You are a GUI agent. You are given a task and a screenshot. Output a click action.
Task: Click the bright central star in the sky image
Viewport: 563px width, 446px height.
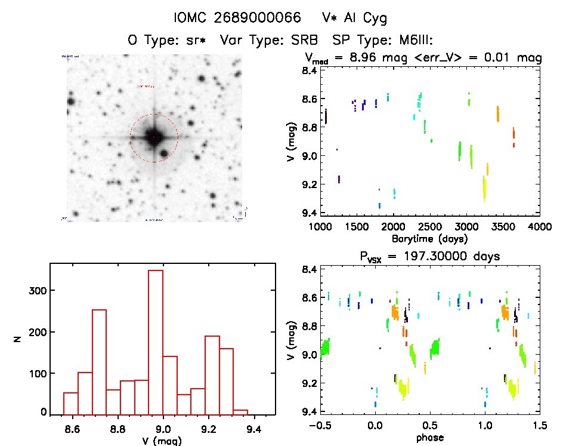pos(153,137)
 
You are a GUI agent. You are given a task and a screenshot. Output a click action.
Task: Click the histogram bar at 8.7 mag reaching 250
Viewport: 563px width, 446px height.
pos(99,362)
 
